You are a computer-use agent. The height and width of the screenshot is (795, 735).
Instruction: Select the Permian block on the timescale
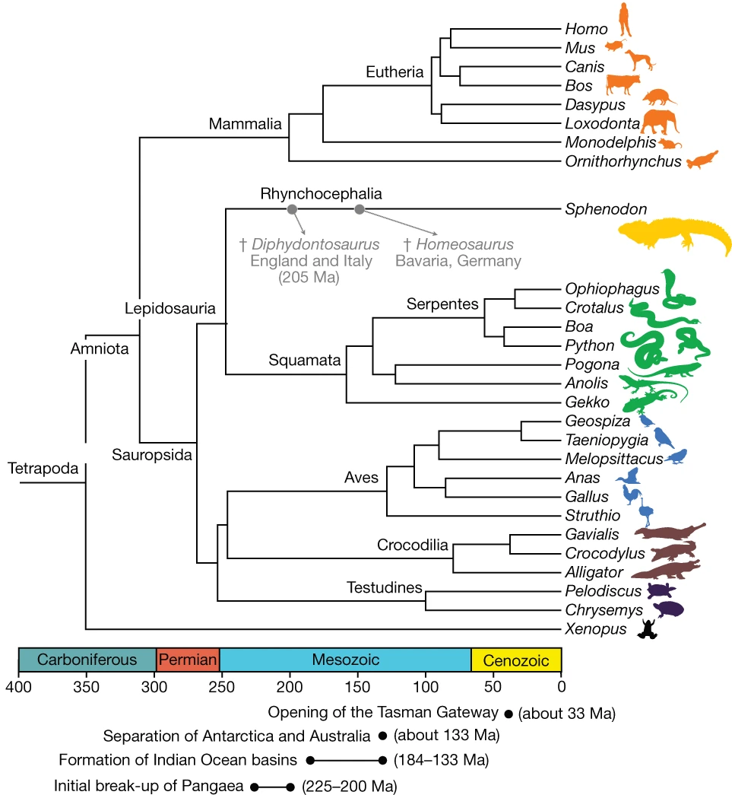[x=188, y=659]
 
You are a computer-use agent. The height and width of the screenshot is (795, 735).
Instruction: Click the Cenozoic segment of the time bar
[x=516, y=659]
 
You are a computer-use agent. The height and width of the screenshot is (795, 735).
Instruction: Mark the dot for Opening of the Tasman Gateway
[x=508, y=714]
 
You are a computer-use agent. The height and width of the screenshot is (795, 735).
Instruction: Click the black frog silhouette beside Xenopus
[x=648, y=628]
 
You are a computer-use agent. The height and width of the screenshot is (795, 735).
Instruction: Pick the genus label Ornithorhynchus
[x=623, y=161]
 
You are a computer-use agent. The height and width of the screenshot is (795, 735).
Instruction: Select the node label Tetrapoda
[x=43, y=469]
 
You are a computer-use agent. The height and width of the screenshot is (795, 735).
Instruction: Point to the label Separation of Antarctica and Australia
[x=238, y=736]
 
